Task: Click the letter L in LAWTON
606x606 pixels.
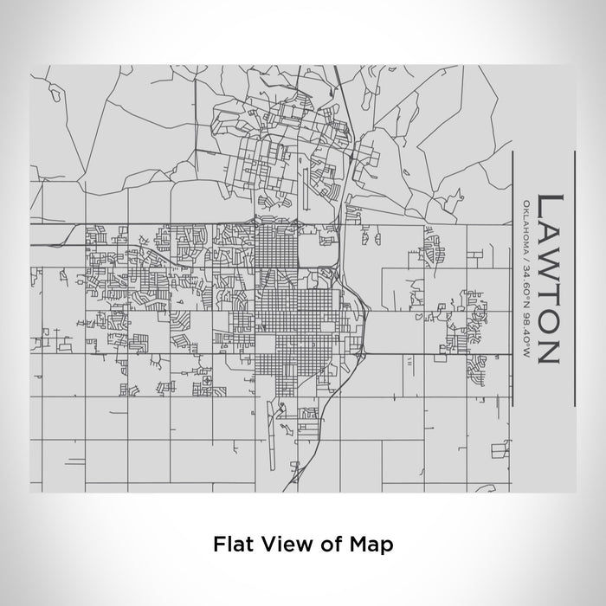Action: (550, 207)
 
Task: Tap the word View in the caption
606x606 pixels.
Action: (276, 545)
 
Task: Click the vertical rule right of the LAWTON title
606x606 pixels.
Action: (574, 278)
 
